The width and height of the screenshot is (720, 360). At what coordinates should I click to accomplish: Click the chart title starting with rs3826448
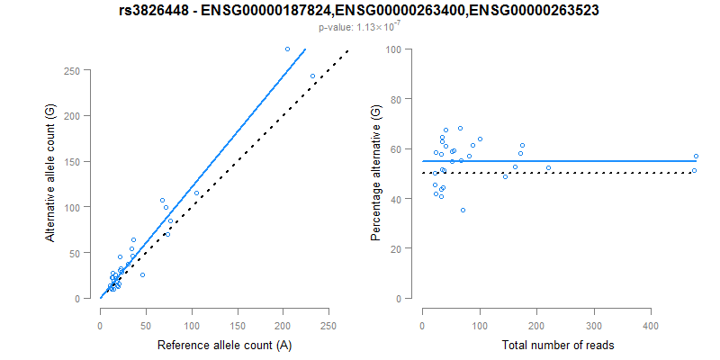[359, 11]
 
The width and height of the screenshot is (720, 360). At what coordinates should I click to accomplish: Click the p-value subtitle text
[359, 28]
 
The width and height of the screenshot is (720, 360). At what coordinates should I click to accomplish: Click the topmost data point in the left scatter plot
[287, 49]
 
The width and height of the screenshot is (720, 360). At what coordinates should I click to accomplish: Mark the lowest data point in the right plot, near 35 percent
[463, 210]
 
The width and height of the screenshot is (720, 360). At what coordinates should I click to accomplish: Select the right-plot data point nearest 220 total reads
[548, 167]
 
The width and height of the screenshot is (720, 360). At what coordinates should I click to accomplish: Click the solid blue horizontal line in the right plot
[585, 161]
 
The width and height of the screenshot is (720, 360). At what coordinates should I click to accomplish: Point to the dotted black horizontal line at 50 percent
[585, 173]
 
